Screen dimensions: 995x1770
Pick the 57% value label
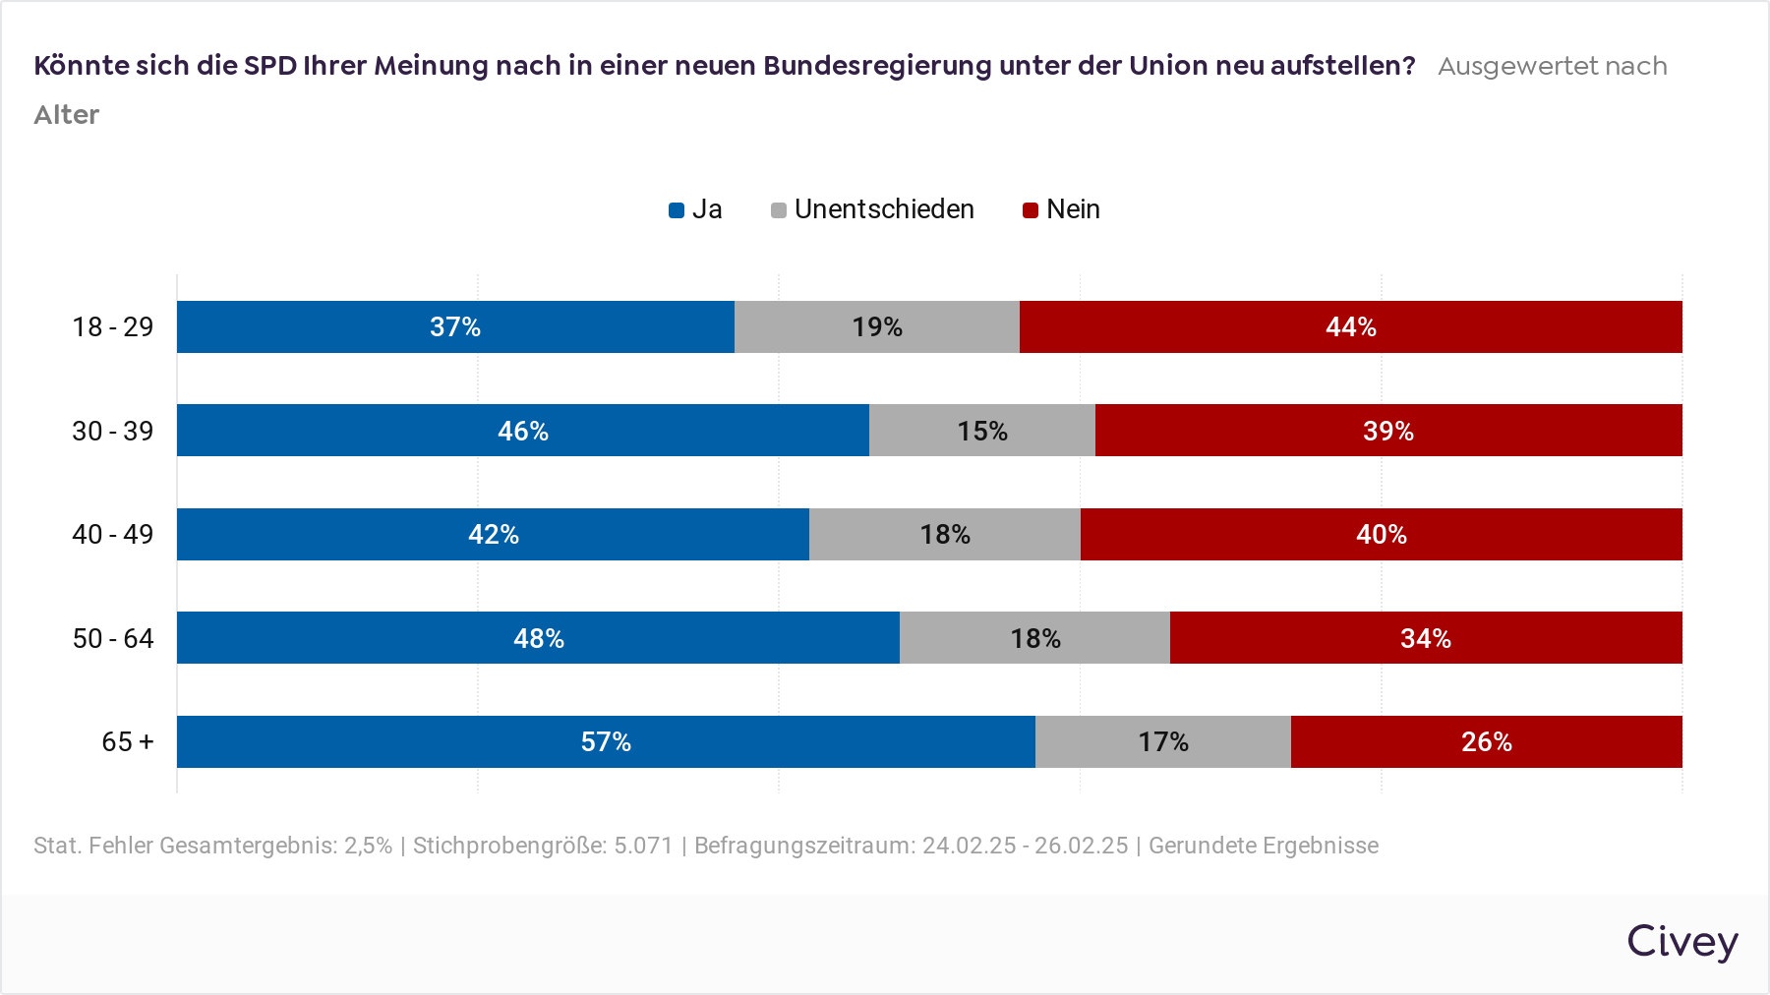pos(606,741)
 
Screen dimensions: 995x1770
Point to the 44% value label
pos(1350,326)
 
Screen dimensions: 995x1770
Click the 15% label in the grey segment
pos(982,431)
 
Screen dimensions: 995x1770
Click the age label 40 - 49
pos(113,534)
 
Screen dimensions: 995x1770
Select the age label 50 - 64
pos(113,638)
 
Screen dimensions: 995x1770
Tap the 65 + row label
pos(128,741)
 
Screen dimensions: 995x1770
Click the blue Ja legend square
pos(677,210)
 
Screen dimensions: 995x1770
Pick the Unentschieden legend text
pos(884,209)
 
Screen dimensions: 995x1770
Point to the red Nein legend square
pos(1031,210)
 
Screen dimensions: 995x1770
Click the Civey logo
pos(1681,941)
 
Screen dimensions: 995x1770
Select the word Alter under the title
pos(67,115)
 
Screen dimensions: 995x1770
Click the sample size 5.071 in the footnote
pos(643,846)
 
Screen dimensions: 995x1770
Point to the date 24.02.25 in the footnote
pos(969,846)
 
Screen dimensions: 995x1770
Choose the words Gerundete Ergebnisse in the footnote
pos(1264,846)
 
